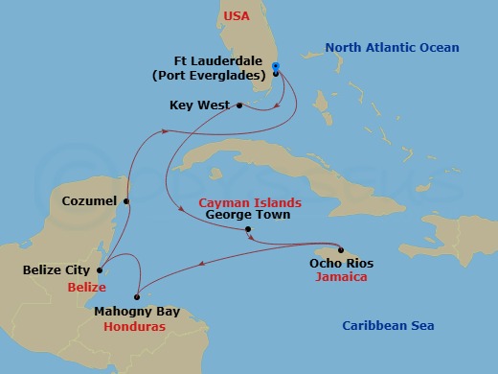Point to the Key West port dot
(238, 105)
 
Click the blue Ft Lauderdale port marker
(276, 67)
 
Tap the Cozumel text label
(89, 201)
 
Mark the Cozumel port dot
(125, 201)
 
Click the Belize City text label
(58, 270)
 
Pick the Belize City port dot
(102, 270)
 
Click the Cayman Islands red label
(250, 202)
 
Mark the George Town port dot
(248, 230)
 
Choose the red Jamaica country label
(341, 277)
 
